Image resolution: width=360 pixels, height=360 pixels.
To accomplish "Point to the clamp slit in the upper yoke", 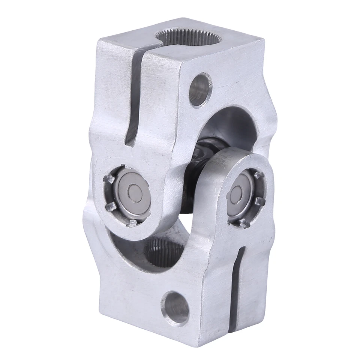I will click(133, 97).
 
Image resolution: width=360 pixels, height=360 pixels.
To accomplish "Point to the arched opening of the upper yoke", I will click(229, 124).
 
